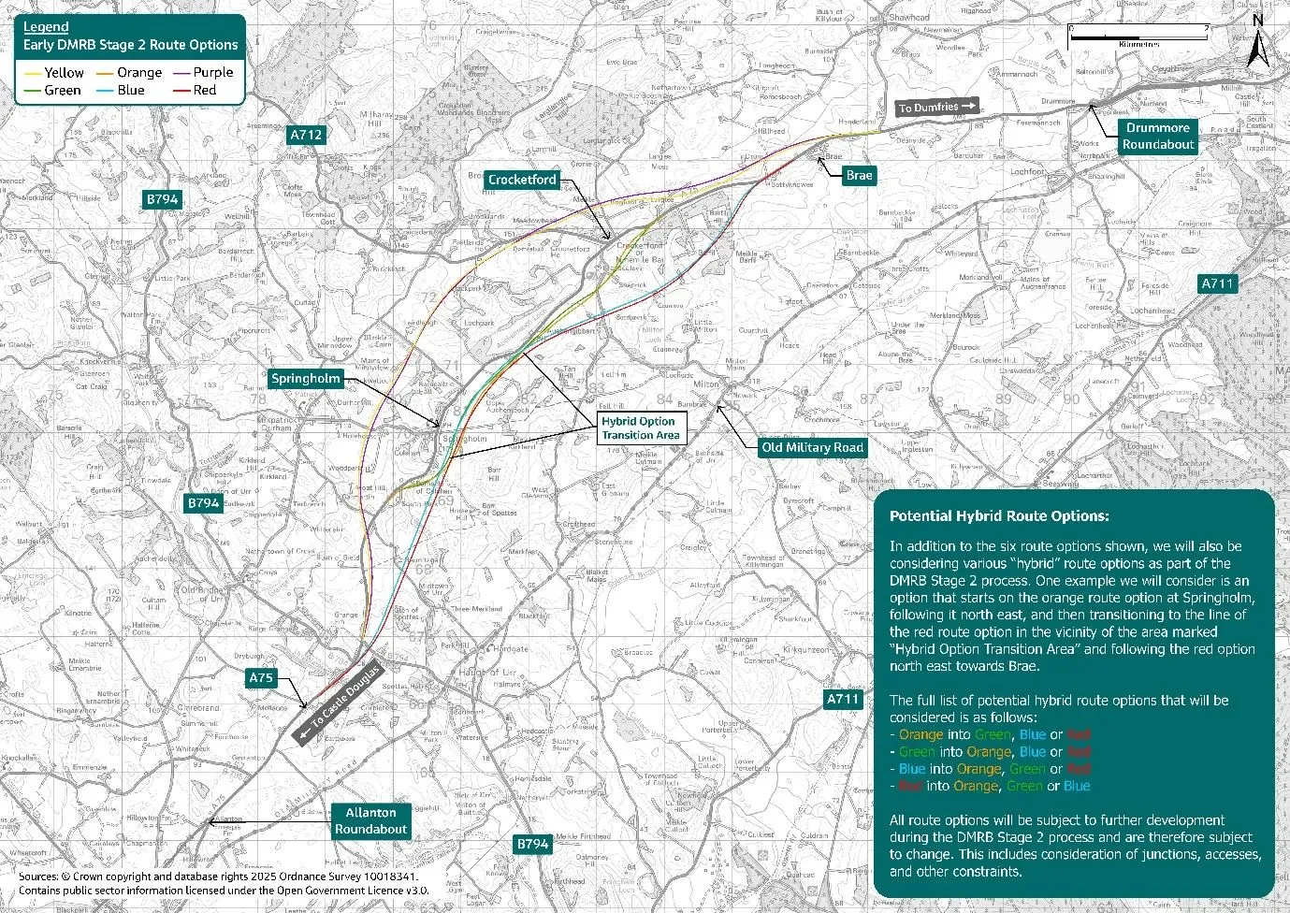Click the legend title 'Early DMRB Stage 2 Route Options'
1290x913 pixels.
(131, 45)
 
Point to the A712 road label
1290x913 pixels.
(306, 135)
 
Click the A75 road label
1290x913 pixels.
(261, 677)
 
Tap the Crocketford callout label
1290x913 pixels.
(522, 180)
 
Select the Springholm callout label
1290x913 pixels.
(304, 379)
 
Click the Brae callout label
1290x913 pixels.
(858, 175)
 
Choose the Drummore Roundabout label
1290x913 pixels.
(1158, 137)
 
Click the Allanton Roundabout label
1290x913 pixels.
(370, 820)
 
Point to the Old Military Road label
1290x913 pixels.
(812, 447)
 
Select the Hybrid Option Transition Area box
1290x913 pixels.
(640, 428)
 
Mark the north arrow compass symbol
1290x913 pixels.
(1257, 47)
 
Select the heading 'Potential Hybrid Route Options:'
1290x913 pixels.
(999, 516)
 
